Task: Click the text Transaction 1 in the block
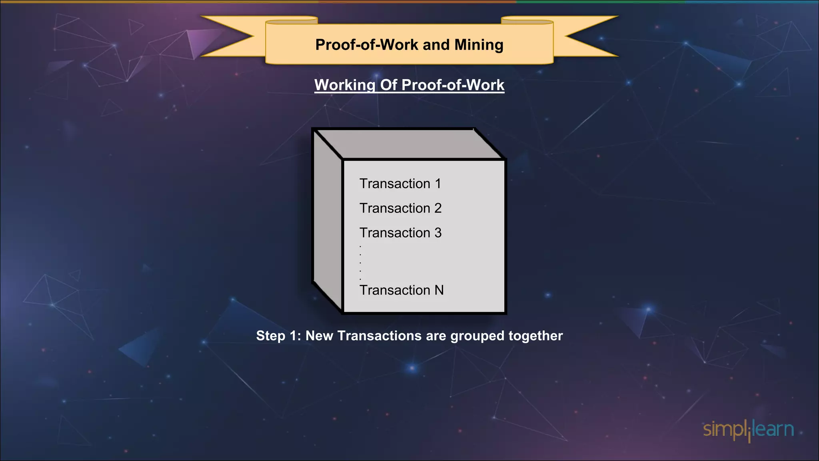click(x=400, y=184)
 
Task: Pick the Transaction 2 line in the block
click(x=400, y=208)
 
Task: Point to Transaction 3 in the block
click(x=400, y=233)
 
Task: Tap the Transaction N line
click(x=402, y=290)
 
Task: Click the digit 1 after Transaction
click(x=438, y=184)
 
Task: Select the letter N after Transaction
click(x=439, y=290)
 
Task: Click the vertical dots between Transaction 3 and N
click(x=360, y=263)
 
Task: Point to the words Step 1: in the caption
click(x=278, y=336)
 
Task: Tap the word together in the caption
click(x=535, y=336)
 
